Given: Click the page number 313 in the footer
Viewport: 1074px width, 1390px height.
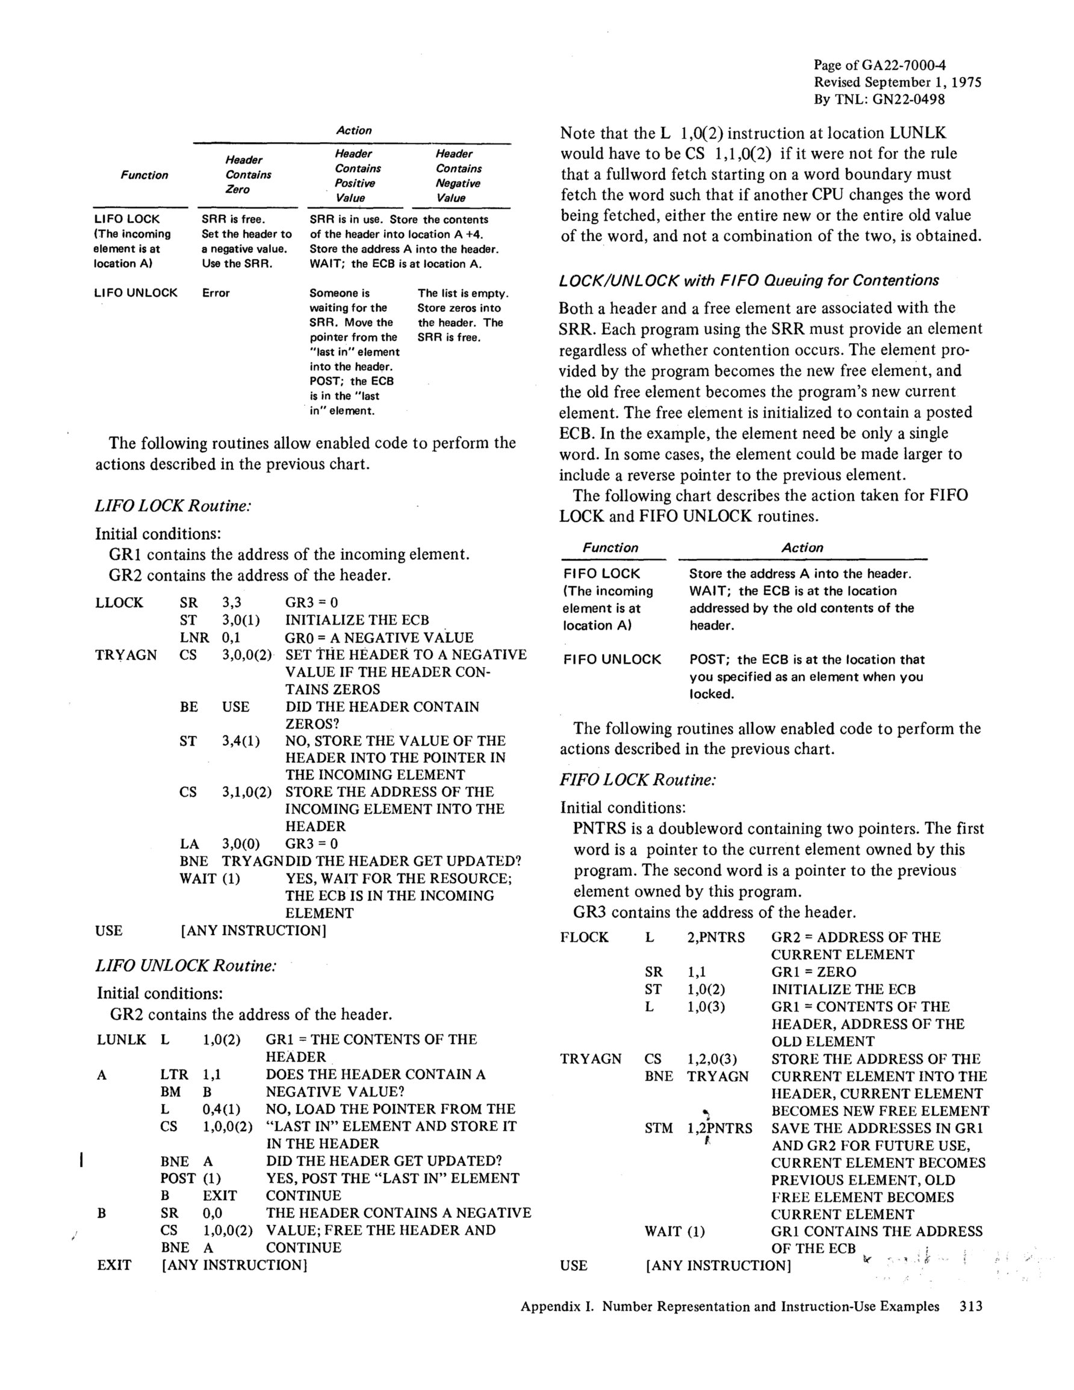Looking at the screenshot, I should pyautogui.click(x=971, y=1307).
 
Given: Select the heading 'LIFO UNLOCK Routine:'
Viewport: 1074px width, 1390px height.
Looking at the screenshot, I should pyautogui.click(x=186, y=966).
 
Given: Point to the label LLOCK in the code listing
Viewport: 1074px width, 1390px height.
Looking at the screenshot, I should pyautogui.click(x=119, y=603).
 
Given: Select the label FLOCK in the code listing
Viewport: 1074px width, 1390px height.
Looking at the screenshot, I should pyautogui.click(x=585, y=937).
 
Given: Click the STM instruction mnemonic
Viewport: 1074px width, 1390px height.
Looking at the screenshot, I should pyautogui.click(x=658, y=1128).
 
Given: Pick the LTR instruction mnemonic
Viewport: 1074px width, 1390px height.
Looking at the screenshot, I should pyautogui.click(x=174, y=1075).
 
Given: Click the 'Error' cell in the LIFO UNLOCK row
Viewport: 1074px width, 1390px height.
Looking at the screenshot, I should pyautogui.click(x=216, y=293).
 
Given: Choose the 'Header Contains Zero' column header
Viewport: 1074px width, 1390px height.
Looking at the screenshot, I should pyautogui.click(x=247, y=175).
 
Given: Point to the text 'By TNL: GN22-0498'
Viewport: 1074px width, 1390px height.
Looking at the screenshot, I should pyautogui.click(x=879, y=99).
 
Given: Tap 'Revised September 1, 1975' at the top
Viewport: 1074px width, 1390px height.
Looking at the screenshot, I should pyautogui.click(x=898, y=82).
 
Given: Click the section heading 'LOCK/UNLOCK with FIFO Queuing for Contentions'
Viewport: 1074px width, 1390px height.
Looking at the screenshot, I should pyautogui.click(x=749, y=281).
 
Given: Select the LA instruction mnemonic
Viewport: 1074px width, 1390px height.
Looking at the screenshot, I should pyautogui.click(x=189, y=845).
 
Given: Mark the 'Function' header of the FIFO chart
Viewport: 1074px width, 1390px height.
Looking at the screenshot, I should pyautogui.click(x=610, y=548).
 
